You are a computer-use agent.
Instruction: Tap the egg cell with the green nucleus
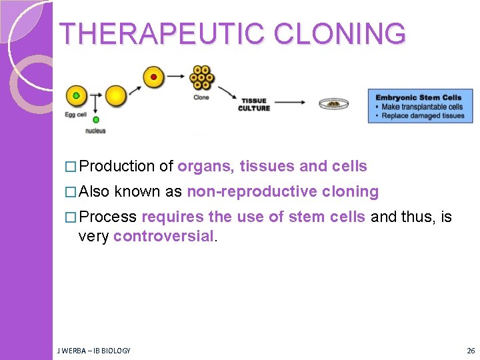click(77, 96)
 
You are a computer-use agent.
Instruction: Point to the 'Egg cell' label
click(76, 115)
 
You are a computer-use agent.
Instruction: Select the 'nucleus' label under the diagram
click(95, 131)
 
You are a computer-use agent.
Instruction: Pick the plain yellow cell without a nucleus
click(115, 95)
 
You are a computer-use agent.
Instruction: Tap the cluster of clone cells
click(201, 77)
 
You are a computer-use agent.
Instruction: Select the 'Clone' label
click(201, 97)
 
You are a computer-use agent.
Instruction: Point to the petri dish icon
click(333, 104)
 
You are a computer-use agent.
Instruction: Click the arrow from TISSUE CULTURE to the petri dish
click(291, 103)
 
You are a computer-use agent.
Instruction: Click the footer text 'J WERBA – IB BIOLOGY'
click(94, 350)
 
